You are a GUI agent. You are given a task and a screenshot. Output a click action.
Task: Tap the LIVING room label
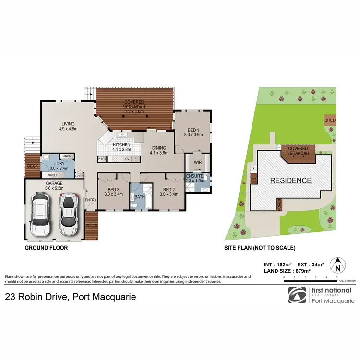[68, 126]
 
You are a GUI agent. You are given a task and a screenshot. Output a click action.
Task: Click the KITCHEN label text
[121, 144]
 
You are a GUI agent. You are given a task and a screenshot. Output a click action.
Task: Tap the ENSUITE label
[194, 177]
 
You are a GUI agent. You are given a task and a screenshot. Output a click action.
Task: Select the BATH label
[140, 197]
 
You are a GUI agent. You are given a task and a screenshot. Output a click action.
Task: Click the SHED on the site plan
[330, 120]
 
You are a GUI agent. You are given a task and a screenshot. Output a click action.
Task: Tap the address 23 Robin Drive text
[70, 297]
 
